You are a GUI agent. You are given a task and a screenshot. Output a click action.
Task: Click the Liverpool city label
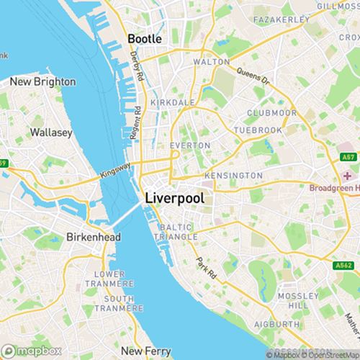point(174,197)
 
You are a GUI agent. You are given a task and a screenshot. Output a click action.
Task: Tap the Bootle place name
point(144,39)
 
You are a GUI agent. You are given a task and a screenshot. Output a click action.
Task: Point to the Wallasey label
point(49,132)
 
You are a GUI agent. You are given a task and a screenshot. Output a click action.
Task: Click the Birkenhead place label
point(87,237)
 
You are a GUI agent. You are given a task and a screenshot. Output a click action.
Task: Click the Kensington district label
point(233,176)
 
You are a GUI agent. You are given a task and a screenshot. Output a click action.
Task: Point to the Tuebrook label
point(255,130)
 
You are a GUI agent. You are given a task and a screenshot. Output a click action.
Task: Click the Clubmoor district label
point(267,112)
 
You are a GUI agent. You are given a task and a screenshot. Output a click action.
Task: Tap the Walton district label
point(211,63)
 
